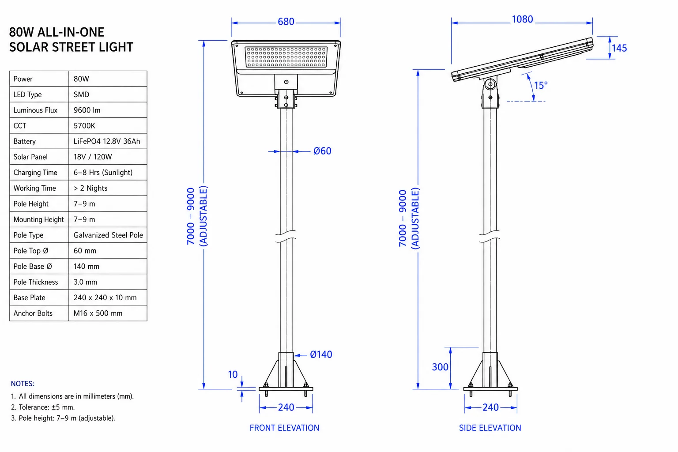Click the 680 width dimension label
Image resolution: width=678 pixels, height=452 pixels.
(x=286, y=22)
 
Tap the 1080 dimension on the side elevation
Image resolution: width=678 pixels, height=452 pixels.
(x=522, y=19)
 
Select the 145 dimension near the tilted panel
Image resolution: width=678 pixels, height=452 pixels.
(x=619, y=48)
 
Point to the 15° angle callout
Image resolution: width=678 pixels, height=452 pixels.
(x=541, y=85)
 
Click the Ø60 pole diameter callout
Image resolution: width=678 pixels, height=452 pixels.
(x=322, y=151)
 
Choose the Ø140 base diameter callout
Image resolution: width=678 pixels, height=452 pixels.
(x=321, y=354)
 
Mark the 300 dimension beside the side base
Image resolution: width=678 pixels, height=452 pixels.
(x=440, y=367)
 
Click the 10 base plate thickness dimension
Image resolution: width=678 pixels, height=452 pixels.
(x=233, y=374)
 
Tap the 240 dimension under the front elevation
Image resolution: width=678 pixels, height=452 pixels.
(x=286, y=407)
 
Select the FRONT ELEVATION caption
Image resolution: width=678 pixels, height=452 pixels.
(x=284, y=428)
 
